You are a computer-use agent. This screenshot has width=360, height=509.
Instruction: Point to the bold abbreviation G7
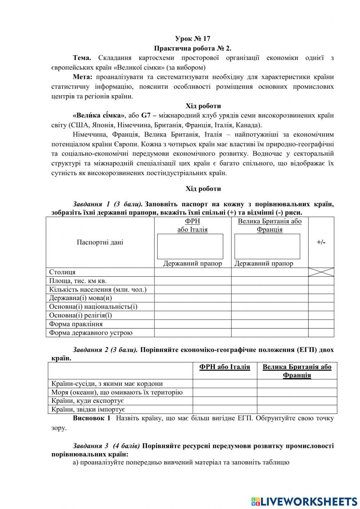tap(146, 116)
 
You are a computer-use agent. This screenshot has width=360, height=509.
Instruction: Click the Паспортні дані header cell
tap(100, 242)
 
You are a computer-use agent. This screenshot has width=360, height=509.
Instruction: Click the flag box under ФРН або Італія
tap(190, 246)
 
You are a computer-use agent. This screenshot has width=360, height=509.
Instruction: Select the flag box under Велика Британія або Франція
tap(267, 246)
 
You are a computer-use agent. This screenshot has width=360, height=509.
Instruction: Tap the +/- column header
tap(321, 242)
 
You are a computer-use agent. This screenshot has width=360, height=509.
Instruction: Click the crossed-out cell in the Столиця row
tap(321, 272)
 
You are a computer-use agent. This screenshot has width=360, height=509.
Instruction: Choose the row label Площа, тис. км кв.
tap(78, 281)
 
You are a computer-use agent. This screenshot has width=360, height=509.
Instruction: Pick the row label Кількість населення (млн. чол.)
tap(98, 290)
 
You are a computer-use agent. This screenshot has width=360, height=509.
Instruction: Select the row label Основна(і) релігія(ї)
tap(80, 316)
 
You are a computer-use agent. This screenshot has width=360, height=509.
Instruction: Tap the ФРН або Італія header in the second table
tap(225, 367)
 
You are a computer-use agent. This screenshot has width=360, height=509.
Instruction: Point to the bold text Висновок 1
tap(91, 418)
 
